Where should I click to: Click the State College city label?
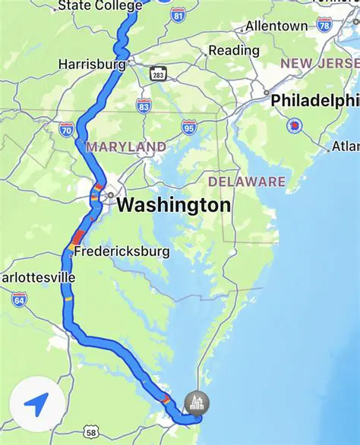point(99,6)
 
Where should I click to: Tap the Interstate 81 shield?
point(178,14)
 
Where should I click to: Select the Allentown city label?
point(276,26)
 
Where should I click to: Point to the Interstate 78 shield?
point(324,25)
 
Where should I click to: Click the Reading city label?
point(233,50)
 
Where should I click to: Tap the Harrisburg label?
point(92,65)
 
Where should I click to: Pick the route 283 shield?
point(158,74)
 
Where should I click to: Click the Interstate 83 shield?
point(144,106)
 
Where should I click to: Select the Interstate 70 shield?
point(67,129)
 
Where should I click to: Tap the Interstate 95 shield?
point(189,126)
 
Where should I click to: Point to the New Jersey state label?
point(320,64)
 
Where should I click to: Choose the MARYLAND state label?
point(126,146)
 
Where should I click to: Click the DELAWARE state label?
point(247,181)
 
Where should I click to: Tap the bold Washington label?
point(174,205)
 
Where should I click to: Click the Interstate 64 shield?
point(19,299)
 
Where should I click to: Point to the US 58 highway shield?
point(92,432)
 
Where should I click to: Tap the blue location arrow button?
point(35,405)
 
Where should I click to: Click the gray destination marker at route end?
point(197,403)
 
